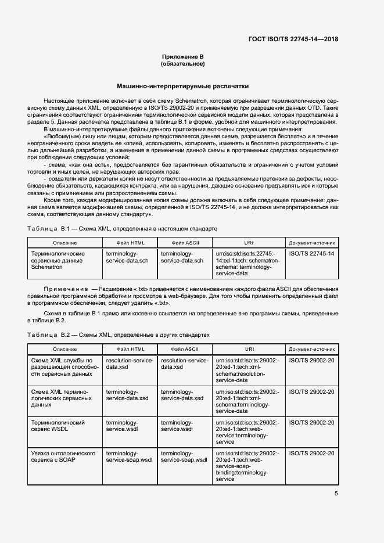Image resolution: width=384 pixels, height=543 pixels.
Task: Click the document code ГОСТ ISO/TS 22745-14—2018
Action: tap(293, 39)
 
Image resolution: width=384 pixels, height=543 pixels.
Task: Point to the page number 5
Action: tap(336, 494)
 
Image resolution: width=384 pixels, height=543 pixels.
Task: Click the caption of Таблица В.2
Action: tap(119, 336)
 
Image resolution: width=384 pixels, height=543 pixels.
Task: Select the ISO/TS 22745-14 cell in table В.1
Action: tap(311, 254)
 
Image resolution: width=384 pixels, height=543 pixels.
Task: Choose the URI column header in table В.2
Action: tap(249, 349)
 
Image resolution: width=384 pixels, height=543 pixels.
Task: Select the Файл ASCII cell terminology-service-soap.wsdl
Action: tap(184, 456)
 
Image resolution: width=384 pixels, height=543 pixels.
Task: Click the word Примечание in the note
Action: tap(64, 289)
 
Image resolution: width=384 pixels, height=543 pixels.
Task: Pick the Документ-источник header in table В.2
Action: tap(311, 349)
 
